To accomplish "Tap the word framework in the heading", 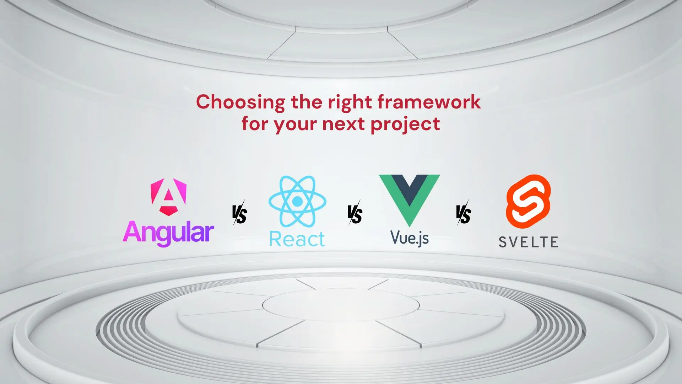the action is (x=429, y=102).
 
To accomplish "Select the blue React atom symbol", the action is (x=297, y=201).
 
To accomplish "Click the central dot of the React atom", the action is (x=297, y=201).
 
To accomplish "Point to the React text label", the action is (x=297, y=239).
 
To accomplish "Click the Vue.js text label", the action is (x=410, y=238).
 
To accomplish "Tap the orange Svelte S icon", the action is (x=528, y=201).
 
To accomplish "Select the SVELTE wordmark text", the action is (x=528, y=242).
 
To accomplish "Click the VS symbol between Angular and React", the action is (x=239, y=213).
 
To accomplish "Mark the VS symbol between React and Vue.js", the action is (x=355, y=213).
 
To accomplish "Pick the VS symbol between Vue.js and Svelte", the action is (x=464, y=213).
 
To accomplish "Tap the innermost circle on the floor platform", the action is (x=341, y=305).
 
